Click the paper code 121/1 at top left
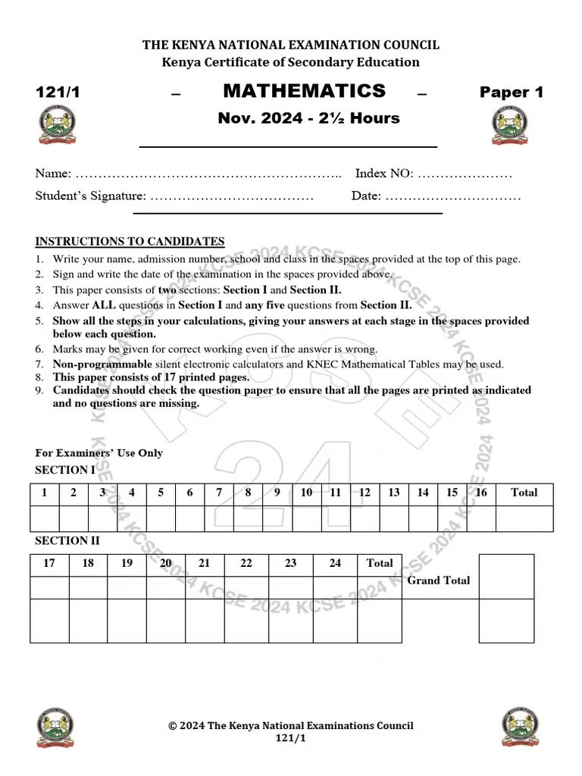pyautogui.click(x=58, y=92)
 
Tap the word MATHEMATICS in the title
pyautogui.click(x=304, y=92)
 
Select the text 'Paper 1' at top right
pyautogui.click(x=512, y=92)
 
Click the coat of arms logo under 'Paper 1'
pyautogui.click(x=511, y=126)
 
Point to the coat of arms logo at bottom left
pyautogui.click(x=56, y=728)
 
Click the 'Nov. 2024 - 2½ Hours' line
pyautogui.click(x=308, y=118)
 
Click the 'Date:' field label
pyautogui.click(x=367, y=196)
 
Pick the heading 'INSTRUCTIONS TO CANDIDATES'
pyautogui.click(x=130, y=242)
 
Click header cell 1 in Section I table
pyautogui.click(x=45, y=493)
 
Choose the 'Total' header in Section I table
pyautogui.click(x=524, y=493)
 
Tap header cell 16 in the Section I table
pyautogui.click(x=480, y=493)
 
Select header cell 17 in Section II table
pyautogui.click(x=49, y=563)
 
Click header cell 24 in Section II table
pyautogui.click(x=335, y=563)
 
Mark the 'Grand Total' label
pyautogui.click(x=439, y=580)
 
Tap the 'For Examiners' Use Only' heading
pyautogui.click(x=99, y=453)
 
